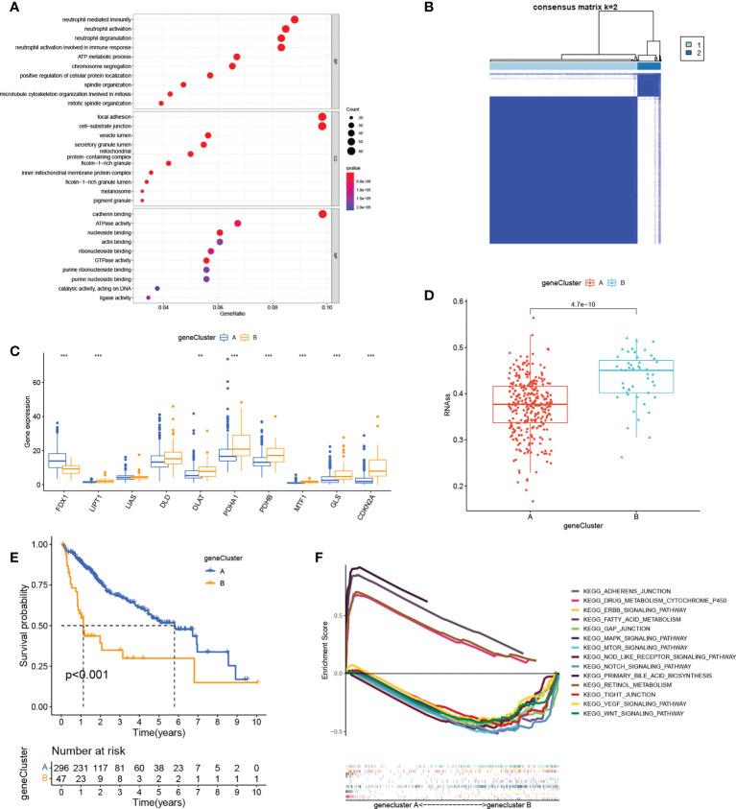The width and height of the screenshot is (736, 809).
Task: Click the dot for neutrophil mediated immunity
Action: point(295,19)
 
